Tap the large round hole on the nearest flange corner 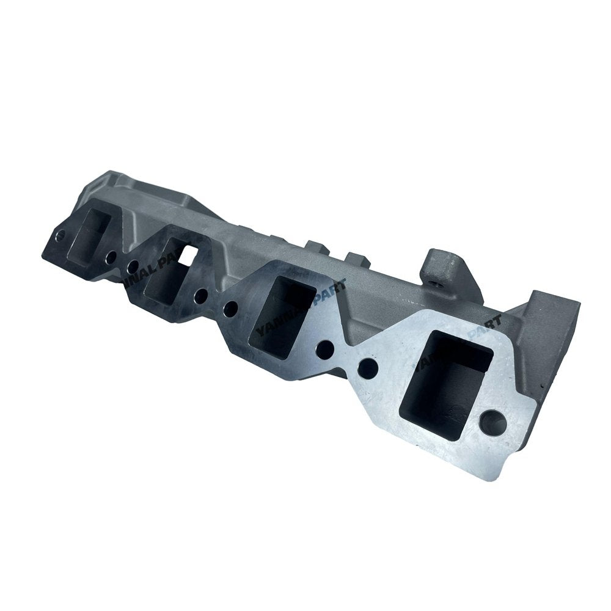[x=493, y=423]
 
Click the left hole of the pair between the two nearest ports [x=326, y=349]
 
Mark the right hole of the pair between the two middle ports [x=230, y=309]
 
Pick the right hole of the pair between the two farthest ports [x=132, y=266]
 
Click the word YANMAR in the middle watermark [x=284, y=315]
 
